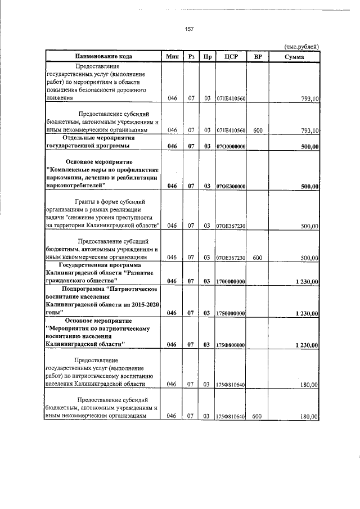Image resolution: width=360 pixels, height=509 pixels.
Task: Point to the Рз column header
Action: [x=191, y=57]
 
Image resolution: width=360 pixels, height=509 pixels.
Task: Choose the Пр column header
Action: [x=208, y=57]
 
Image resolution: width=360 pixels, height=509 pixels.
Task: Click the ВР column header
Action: [x=258, y=57]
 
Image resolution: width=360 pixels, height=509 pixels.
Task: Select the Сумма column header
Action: [x=294, y=57]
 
